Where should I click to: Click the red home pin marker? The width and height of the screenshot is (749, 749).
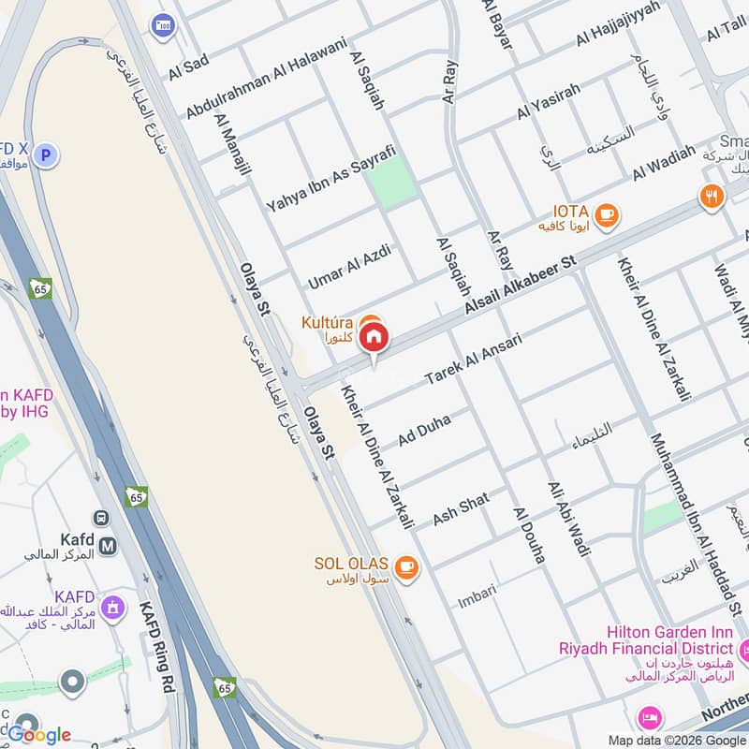pos(374,337)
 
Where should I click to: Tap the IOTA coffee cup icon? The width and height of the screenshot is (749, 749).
pos(607,215)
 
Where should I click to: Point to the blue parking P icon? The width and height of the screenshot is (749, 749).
pos(48,154)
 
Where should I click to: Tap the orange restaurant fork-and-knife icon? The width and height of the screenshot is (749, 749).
pos(712,197)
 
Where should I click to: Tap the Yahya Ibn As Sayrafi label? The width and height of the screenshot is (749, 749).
pos(330,178)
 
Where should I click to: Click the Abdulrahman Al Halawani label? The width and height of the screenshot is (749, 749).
pos(266,78)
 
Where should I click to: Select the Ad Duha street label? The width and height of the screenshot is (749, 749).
pos(424,430)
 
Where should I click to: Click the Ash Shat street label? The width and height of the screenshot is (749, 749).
pos(461,508)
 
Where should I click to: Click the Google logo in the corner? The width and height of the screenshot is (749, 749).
pos(39,735)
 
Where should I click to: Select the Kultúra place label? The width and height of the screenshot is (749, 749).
pos(327,323)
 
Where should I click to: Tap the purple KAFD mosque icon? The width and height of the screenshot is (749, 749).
pos(113,609)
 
